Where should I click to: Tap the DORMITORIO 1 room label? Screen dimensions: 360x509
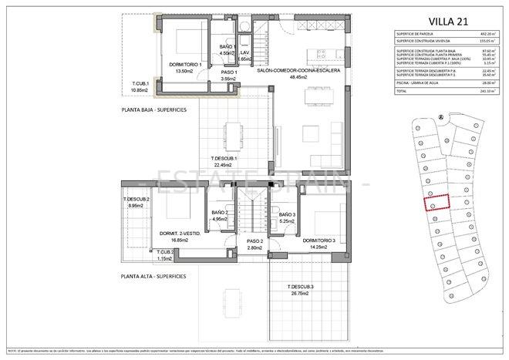185,64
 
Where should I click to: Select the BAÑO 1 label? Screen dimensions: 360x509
227,47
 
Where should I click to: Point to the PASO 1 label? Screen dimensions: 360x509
228,72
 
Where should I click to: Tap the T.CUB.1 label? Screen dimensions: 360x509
140,83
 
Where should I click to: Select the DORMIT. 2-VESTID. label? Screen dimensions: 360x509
180,234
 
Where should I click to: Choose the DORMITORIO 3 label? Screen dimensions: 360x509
319,241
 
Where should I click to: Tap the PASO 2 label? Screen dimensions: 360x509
255,242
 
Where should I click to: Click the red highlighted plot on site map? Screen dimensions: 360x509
435,204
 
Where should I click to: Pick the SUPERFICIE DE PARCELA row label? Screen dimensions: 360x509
415,33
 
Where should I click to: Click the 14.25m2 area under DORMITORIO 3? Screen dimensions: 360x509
319,247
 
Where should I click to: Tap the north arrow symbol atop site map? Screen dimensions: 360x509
439,117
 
